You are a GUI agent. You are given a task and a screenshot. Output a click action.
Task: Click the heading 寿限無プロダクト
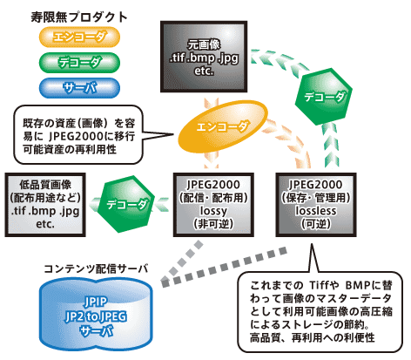pyautogui.click(x=79, y=17)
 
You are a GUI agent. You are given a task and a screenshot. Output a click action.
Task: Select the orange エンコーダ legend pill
pyautogui.click(x=79, y=37)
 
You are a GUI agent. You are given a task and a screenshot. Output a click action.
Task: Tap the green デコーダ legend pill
pyautogui.click(x=79, y=63)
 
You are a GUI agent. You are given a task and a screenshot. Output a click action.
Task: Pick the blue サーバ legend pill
pyautogui.click(x=79, y=88)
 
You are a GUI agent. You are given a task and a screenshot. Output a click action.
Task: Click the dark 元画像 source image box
pyautogui.click(x=204, y=57)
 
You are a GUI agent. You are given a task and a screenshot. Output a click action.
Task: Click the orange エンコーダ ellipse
pyautogui.click(x=222, y=126)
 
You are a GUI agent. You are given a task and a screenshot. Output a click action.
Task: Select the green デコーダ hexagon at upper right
pyautogui.click(x=324, y=97)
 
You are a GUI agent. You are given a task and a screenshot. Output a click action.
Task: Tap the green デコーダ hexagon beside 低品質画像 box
pyautogui.click(x=126, y=204)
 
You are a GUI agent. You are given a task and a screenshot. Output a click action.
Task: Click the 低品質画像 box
pyautogui.click(x=45, y=205)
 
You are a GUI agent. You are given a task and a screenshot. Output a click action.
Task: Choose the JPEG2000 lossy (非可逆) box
pyautogui.click(x=213, y=205)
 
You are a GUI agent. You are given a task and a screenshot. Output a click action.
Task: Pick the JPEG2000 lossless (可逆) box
pyautogui.click(x=316, y=205)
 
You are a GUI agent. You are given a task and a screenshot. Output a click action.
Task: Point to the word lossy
pyautogui.click(x=213, y=211)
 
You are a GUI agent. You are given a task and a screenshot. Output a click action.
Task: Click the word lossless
pyautogui.click(x=316, y=210)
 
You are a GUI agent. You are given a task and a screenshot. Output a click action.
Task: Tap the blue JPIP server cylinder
pyautogui.click(x=96, y=315)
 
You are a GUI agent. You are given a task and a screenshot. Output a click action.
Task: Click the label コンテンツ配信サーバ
pyautogui.click(x=96, y=268)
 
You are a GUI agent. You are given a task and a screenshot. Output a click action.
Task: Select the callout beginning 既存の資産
pyautogui.click(x=78, y=134)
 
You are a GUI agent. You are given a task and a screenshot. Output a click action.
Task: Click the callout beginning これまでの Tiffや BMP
pyautogui.click(x=320, y=311)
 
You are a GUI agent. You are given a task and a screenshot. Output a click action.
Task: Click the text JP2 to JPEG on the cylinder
pyautogui.click(x=96, y=316)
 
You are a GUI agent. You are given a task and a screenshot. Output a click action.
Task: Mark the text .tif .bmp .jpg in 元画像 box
pyautogui.click(x=204, y=58)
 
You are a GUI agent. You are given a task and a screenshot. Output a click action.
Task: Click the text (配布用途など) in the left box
pyautogui.click(x=45, y=198)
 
